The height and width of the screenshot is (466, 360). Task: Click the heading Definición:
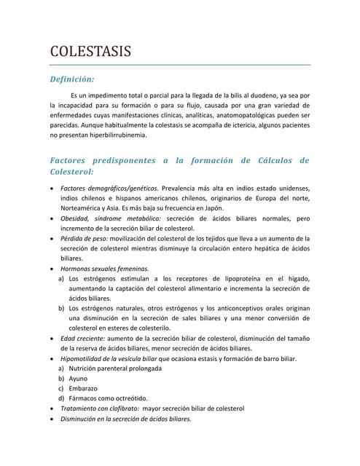(72, 79)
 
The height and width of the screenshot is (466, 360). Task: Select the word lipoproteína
(240, 278)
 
